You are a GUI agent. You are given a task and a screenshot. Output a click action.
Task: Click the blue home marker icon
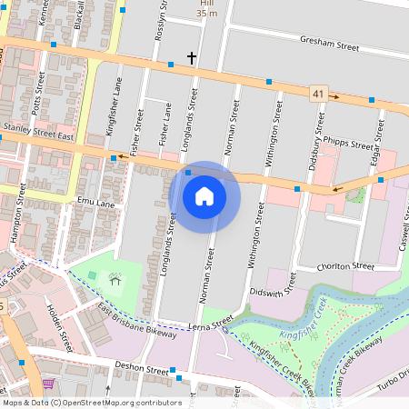point(204,195)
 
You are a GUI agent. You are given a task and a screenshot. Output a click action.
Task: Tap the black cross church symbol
point(192,58)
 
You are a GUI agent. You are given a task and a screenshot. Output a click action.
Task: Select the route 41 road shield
point(316,93)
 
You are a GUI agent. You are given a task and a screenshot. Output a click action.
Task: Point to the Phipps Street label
point(348,145)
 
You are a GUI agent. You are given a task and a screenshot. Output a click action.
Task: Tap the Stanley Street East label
point(38,132)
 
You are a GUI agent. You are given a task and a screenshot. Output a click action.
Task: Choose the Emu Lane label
point(96,203)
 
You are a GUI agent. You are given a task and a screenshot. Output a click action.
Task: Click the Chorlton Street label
point(345,267)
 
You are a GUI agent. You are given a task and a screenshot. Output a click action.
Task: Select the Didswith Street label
point(279,292)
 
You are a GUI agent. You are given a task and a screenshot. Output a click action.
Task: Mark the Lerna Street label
point(205,323)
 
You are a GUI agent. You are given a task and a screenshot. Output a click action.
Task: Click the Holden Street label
point(58,328)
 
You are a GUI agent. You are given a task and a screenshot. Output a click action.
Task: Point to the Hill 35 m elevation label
point(207,8)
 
